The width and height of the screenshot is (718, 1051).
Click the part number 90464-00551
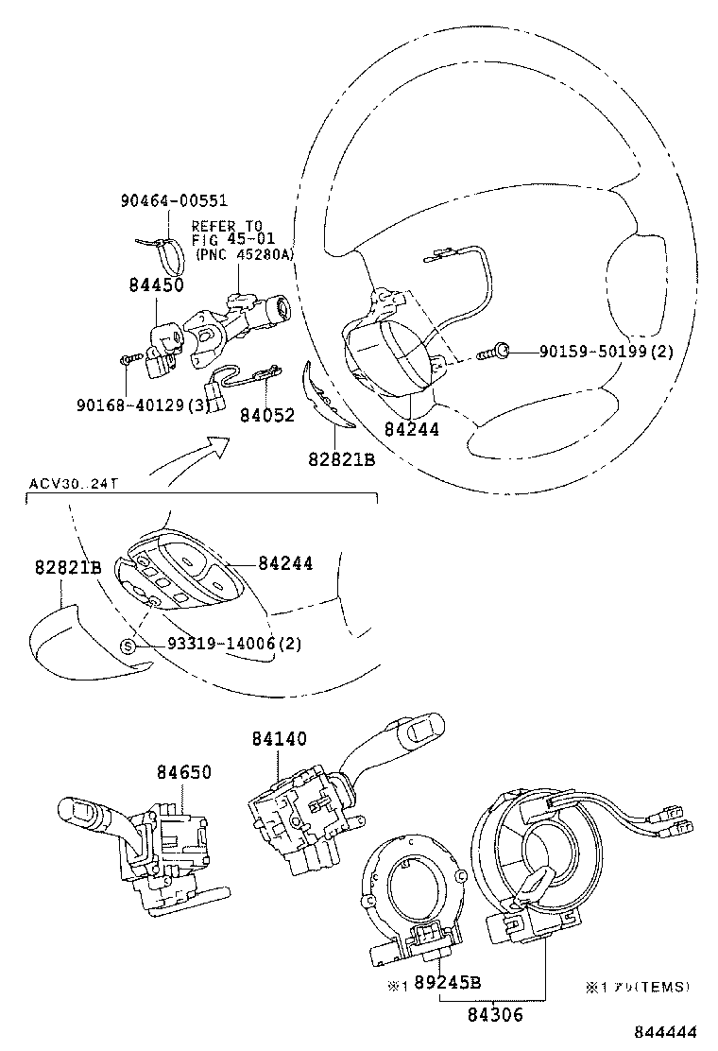pyautogui.click(x=174, y=200)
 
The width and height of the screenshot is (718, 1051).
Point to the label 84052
pyautogui.click(x=266, y=414)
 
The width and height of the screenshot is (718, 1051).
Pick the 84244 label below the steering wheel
pyautogui.click(x=411, y=428)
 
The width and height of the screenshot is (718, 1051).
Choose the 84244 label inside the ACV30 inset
pyautogui.click(x=285, y=563)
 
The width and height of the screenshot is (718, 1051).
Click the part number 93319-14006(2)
pyautogui.click(x=221, y=645)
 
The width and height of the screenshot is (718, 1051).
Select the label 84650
pyautogui.click(x=184, y=772)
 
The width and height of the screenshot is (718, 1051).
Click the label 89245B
pyautogui.click(x=448, y=983)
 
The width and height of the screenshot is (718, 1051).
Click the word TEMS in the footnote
pyautogui.click(x=665, y=987)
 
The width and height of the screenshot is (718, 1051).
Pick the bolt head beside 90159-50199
pyautogui.click(x=504, y=353)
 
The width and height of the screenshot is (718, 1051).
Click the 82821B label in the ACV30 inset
pyautogui.click(x=68, y=567)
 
